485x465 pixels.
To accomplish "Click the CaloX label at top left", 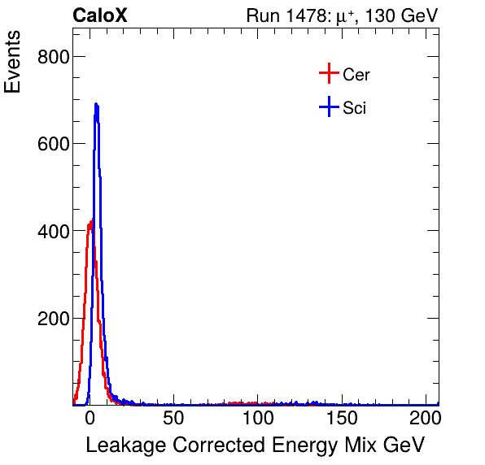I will click(x=100, y=15).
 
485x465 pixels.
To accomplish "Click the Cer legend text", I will click(x=356, y=75).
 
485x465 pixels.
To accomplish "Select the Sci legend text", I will click(x=354, y=108).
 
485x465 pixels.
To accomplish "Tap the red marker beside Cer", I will click(x=329, y=75).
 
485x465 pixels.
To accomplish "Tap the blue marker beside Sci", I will click(x=329, y=107).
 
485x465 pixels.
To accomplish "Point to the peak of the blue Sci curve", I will click(x=96, y=104).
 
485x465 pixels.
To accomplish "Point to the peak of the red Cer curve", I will click(x=91, y=220).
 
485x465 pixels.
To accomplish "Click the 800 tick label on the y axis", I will click(x=53, y=56).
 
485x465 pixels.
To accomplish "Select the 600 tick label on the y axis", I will click(x=53, y=144).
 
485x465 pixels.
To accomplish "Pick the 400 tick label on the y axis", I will click(x=53, y=232).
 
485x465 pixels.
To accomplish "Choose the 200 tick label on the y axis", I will click(x=53, y=319).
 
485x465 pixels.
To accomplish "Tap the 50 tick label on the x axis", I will click(x=173, y=419).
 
